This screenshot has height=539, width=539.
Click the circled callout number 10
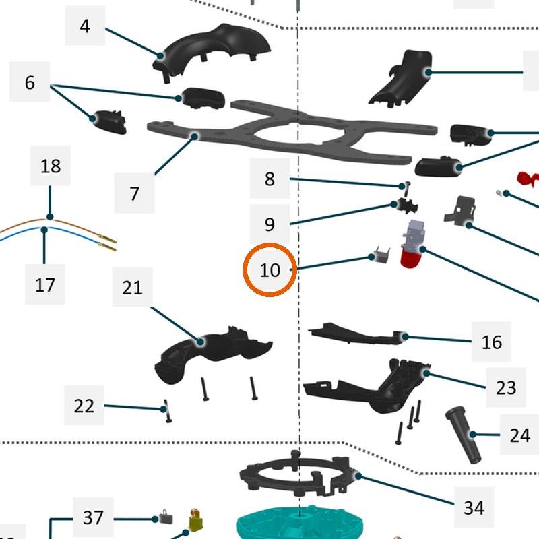[270, 270]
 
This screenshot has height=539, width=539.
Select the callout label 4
[85, 26]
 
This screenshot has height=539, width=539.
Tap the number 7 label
[134, 193]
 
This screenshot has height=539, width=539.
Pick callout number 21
[132, 288]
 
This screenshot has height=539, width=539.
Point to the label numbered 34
[474, 507]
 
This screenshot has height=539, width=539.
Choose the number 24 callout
[519, 435]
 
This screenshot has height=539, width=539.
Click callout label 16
[491, 342]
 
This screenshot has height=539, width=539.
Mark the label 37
[93, 517]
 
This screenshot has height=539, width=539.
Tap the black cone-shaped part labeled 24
[464, 435]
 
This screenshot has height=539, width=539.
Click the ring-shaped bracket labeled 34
[296, 474]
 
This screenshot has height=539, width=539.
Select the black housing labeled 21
[213, 354]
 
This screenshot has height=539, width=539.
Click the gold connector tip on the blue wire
[107, 246]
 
